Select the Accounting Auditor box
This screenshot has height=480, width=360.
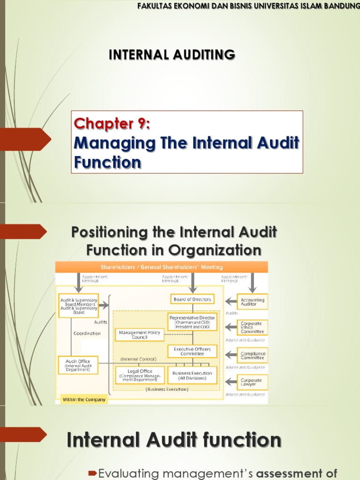[x=252, y=302]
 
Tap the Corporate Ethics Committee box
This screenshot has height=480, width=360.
[x=252, y=327]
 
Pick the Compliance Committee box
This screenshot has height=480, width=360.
[x=252, y=356]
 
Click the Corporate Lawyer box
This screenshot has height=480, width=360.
[x=252, y=382]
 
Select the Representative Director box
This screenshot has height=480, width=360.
[x=192, y=322]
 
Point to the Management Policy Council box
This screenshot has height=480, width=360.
[x=139, y=335]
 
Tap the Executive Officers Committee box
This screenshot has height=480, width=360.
[x=192, y=351]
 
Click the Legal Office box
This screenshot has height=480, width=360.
[x=140, y=375]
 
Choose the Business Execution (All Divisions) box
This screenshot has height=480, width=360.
[x=192, y=375]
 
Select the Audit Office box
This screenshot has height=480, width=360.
[x=78, y=365]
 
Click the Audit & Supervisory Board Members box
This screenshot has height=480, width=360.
[x=78, y=306]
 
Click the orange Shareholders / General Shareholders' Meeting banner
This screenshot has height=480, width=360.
[x=162, y=267]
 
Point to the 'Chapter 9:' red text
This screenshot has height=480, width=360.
[x=112, y=124]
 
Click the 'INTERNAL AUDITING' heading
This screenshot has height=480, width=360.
[x=172, y=55]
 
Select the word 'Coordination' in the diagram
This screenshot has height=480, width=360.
[x=87, y=333]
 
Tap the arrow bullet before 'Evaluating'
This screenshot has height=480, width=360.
[x=92, y=472]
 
